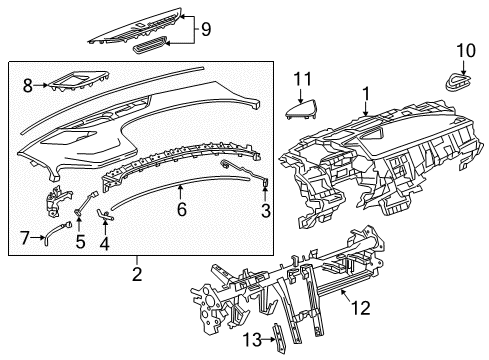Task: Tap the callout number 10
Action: (466, 50)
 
